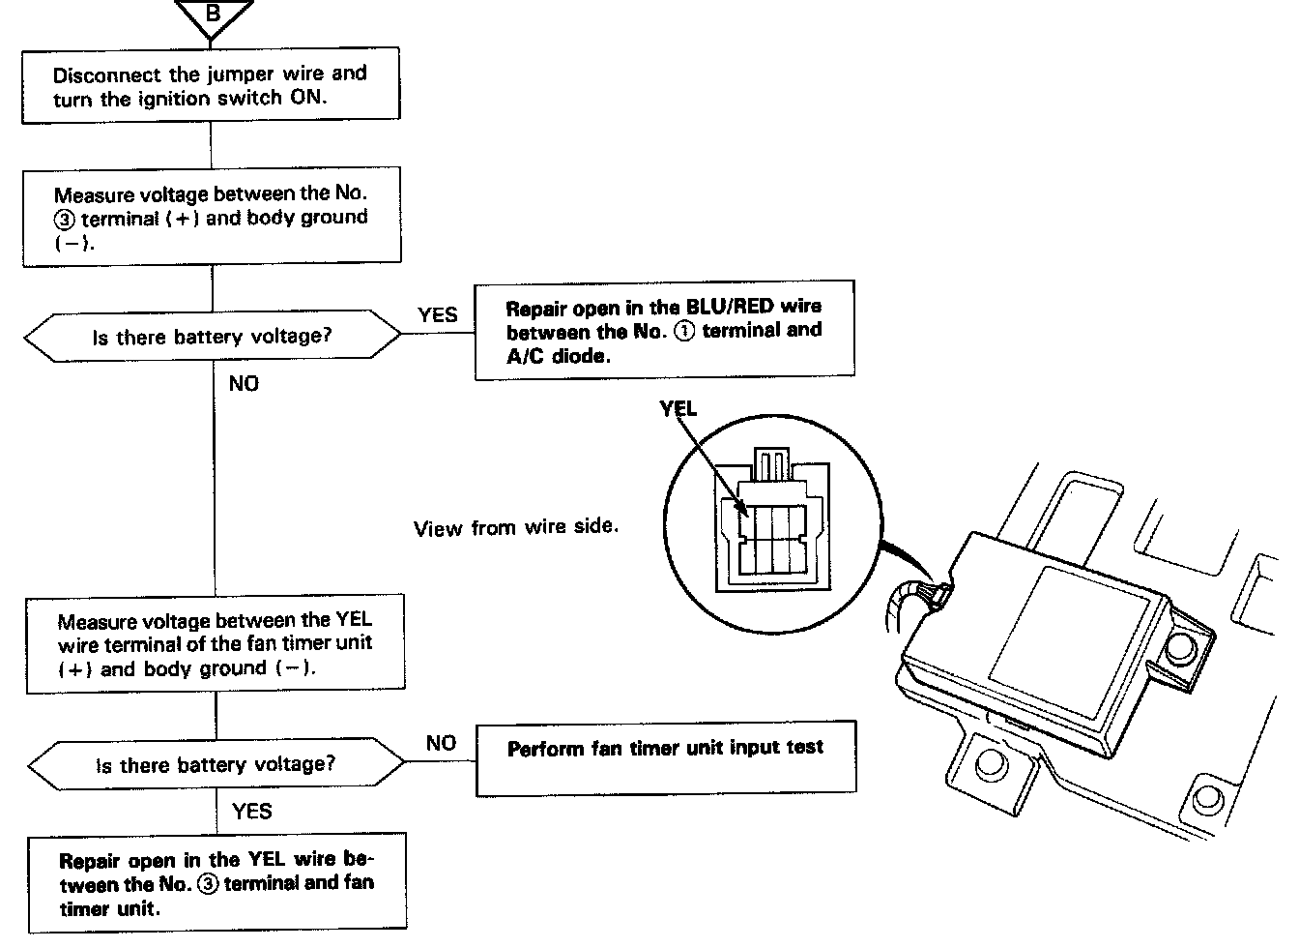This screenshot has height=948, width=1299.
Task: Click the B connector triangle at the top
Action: click(215, 17)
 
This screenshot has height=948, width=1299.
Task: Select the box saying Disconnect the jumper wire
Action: click(211, 85)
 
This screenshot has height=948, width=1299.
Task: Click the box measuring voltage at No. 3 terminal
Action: click(212, 218)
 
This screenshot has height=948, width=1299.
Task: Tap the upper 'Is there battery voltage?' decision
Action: click(212, 338)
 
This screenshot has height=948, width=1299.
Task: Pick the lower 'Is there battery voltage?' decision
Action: click(216, 765)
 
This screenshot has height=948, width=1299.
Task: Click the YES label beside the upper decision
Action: click(437, 315)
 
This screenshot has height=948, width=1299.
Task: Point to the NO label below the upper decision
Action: click(244, 384)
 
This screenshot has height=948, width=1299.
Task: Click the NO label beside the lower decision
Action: click(441, 743)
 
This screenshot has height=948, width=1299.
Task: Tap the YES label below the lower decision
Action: click(251, 812)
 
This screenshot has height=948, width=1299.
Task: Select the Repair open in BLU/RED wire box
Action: click(664, 330)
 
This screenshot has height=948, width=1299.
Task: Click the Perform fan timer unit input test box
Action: click(665, 757)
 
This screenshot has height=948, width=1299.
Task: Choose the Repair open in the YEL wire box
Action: click(216, 883)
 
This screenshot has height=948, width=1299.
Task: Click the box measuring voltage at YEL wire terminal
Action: click(215, 643)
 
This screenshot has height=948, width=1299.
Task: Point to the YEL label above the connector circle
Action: click(678, 409)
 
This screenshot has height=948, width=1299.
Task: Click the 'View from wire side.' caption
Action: click(516, 527)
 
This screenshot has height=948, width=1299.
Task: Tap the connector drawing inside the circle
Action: click(770, 522)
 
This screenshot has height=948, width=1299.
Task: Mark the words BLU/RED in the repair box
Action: click(730, 307)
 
